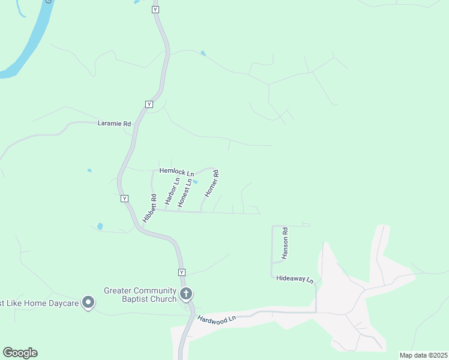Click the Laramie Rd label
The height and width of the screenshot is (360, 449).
[x=114, y=124]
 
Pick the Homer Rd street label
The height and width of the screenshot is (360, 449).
[x=211, y=185]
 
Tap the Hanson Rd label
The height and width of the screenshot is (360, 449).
[x=285, y=242]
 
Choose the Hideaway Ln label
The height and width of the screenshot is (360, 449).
[x=295, y=280]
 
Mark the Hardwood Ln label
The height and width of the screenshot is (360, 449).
[x=217, y=320]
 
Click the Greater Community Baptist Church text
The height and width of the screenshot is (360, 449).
[x=140, y=295]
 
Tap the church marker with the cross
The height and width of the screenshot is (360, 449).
[x=186, y=294]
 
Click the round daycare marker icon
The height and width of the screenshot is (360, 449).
[x=88, y=302]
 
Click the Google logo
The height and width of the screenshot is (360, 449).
[x=20, y=353]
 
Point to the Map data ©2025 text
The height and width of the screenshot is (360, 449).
[x=423, y=355]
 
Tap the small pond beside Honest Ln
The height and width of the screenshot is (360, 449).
[x=195, y=182]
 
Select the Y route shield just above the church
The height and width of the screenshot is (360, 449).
[x=181, y=272]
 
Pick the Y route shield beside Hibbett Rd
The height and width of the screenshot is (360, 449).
[x=124, y=199]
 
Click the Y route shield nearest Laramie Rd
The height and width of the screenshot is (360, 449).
[x=148, y=104]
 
